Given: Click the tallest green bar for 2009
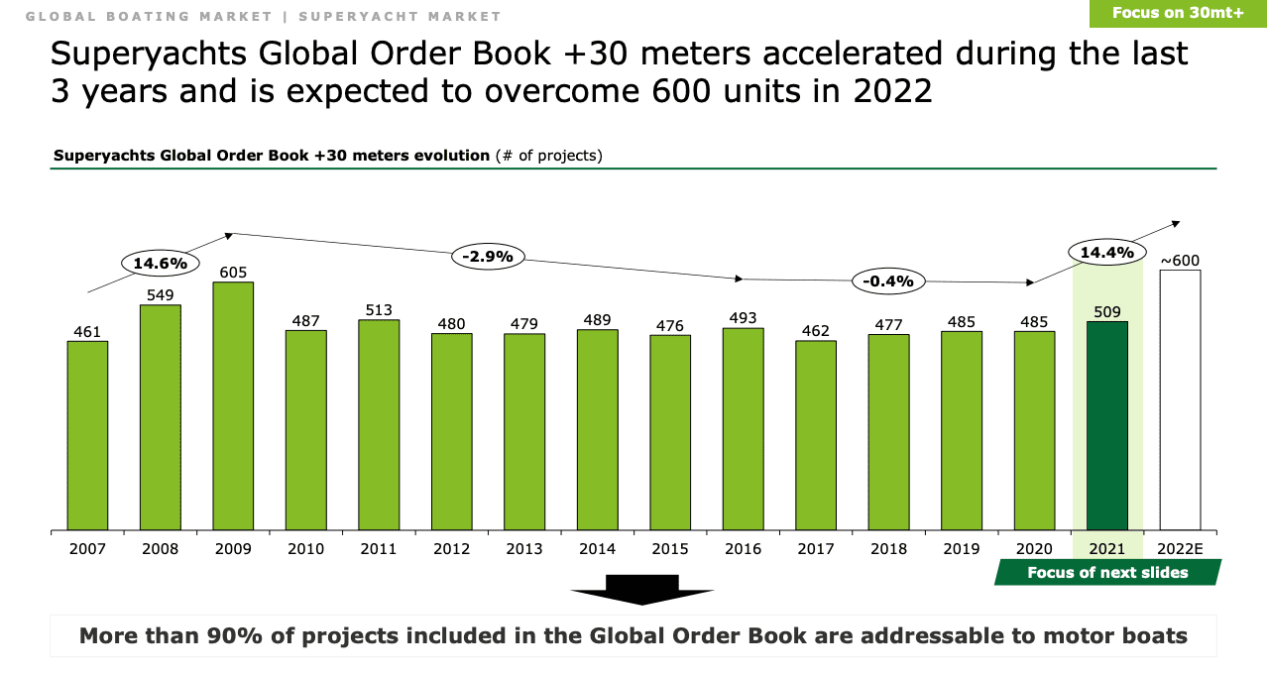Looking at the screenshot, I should [x=233, y=406].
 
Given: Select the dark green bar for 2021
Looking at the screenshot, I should [x=1106, y=426].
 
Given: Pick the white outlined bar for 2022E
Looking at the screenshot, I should [x=1180, y=400].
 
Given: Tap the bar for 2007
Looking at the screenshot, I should [x=87, y=436].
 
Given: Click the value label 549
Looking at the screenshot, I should [x=161, y=294].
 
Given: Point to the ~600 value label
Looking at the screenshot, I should [x=1180, y=261].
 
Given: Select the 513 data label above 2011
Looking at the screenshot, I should [x=379, y=309].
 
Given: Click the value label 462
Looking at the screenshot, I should [x=815, y=330].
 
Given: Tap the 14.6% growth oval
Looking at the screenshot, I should [x=160, y=264].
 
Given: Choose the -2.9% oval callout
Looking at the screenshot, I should [x=488, y=256].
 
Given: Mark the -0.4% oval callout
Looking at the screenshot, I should [x=887, y=281].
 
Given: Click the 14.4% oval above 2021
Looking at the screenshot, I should [x=1106, y=253].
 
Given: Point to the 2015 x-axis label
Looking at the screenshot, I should [x=669, y=548].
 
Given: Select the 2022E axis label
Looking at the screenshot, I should [x=1180, y=548].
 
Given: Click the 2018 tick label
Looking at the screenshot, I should [x=887, y=548].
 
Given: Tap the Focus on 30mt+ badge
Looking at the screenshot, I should [x=1177, y=13].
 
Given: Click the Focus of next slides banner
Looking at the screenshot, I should [x=1107, y=572].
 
